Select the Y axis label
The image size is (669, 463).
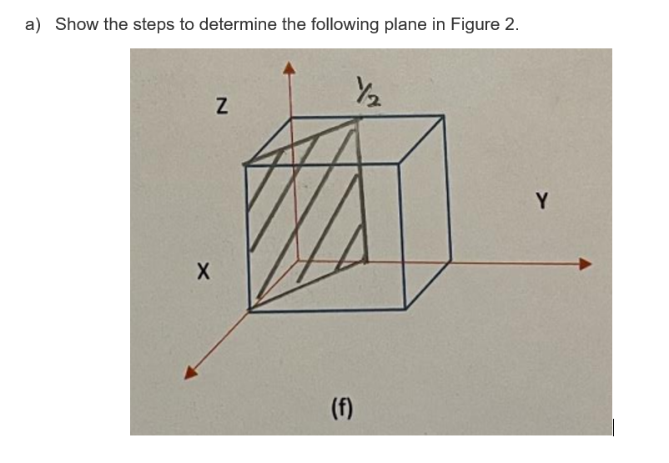tap(543, 200)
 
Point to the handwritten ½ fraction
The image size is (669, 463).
tap(365, 89)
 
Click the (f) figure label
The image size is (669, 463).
tap(342, 408)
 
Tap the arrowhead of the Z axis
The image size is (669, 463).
tap(290, 69)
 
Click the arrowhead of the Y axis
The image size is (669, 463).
tap(586, 264)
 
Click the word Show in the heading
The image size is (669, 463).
tap(77, 24)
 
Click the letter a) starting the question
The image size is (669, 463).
tap(33, 24)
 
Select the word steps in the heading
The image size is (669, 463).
tap(150, 24)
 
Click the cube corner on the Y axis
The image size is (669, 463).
tap(451, 261)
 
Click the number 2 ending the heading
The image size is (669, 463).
tap(511, 24)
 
